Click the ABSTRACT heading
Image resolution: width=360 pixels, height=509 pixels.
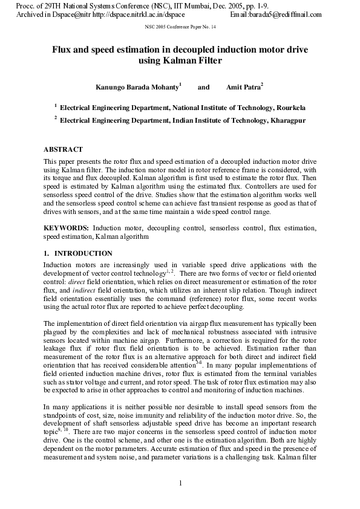[x=63, y=149]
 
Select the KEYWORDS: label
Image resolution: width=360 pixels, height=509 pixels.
[x=67, y=228]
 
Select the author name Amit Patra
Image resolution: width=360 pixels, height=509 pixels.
[x=243, y=88]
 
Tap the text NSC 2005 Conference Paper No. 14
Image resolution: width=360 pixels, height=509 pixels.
[x=180, y=28]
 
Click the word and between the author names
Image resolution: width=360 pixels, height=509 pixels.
[x=204, y=88]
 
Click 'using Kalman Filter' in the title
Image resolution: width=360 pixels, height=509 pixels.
[x=180, y=61]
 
